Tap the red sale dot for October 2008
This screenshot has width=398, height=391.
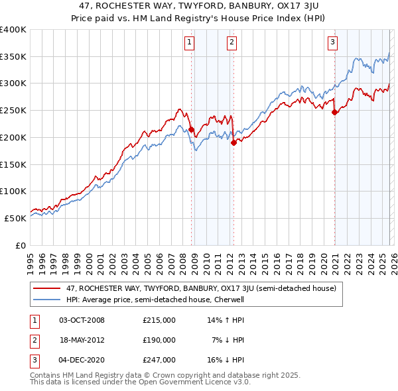click(192, 129)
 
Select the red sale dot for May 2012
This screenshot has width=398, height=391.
click(233, 142)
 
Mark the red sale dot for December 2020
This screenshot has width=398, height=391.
click(334, 112)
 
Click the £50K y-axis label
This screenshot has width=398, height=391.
click(15, 218)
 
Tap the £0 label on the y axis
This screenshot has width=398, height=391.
click(21, 245)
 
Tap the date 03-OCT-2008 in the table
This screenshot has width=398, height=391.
click(82, 320)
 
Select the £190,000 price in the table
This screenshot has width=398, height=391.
click(159, 340)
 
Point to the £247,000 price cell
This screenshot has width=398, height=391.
click(159, 360)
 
